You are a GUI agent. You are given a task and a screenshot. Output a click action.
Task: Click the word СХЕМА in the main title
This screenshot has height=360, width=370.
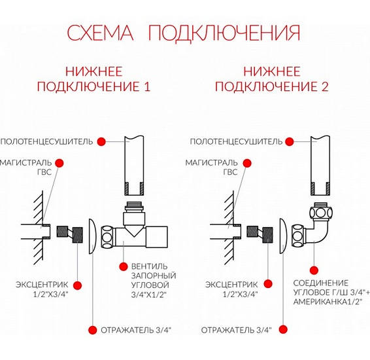tap(100, 33)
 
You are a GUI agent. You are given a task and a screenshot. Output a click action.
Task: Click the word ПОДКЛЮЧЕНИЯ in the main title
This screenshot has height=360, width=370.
tap(224, 33)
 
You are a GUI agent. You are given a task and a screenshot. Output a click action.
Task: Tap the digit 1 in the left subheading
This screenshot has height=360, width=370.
tap(147, 86)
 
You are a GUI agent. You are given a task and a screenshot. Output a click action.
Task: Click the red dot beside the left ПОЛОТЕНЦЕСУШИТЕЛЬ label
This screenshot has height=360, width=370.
tap(101, 142)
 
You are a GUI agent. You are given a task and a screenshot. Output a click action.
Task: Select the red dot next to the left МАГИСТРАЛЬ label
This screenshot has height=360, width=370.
tap(59, 163)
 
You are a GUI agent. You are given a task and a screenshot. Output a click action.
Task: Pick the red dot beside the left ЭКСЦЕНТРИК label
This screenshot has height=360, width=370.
tap(77, 285)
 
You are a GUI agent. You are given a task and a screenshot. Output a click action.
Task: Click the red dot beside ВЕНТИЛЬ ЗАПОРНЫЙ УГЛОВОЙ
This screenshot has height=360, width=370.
tap(123, 266)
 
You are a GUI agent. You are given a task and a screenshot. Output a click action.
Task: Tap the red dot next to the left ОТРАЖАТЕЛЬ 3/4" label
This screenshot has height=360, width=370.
tap(93, 330)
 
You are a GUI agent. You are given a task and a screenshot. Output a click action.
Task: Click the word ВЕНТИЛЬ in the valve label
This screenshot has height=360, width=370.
tap(149, 266)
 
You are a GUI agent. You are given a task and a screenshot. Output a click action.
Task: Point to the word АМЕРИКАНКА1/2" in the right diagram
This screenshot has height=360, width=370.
tap(328, 302)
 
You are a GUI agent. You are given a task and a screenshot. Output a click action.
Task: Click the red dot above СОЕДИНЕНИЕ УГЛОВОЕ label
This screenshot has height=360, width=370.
tap(314, 270)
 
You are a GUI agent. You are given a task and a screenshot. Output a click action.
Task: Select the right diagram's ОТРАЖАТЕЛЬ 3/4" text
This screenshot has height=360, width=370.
tap(237, 330)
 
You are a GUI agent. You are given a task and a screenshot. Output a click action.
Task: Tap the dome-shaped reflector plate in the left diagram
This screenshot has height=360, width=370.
tap(93, 236)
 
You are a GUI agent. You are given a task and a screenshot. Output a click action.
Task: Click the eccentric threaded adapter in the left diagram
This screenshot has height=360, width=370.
tap(70, 234)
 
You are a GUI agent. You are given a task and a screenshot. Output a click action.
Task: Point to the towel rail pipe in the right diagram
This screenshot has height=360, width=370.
tap(320, 166)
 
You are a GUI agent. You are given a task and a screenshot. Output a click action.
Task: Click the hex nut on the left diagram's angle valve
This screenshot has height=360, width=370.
tap(107, 237)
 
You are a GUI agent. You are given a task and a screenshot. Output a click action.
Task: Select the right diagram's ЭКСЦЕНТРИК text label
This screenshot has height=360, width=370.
tap(231, 285)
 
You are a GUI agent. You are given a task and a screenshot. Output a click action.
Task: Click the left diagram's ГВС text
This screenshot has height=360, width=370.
tap(44, 172)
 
